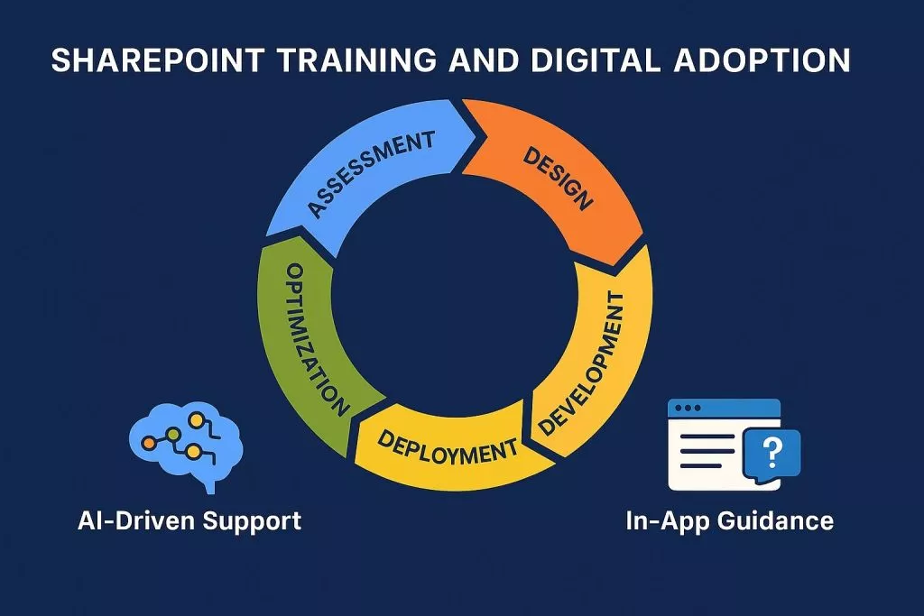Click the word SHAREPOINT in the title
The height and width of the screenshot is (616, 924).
coord(158,60)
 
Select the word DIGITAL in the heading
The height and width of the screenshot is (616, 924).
coord(596,60)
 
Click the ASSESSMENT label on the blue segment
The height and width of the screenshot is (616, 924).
coord(371,173)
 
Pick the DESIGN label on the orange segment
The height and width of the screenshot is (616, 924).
coord(558,179)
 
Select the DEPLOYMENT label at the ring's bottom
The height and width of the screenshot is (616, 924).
coord(448,447)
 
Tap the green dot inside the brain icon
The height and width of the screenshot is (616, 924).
coord(172,435)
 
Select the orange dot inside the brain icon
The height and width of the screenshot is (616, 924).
coord(150,442)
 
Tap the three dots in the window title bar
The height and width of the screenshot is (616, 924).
coord(688,409)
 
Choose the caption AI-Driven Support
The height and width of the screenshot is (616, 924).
coord(189,521)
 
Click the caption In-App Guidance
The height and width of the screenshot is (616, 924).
coord(729,521)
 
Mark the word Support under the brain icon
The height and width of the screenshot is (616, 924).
coord(252,522)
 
